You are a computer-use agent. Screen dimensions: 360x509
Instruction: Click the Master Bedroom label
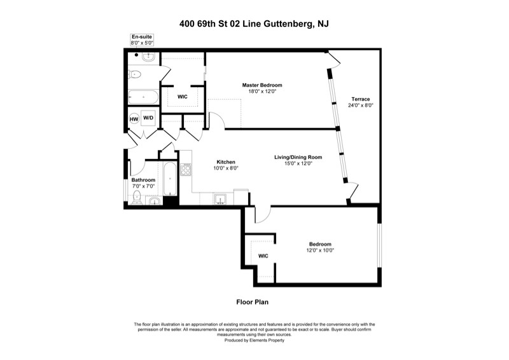click(261, 85)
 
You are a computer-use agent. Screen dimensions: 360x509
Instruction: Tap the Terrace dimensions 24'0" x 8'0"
click(360, 106)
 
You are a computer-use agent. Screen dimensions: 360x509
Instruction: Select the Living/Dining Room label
click(298, 157)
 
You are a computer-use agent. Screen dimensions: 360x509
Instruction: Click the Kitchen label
click(227, 162)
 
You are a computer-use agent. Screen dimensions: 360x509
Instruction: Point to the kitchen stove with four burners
click(186, 169)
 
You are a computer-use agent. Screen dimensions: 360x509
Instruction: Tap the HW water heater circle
click(134, 119)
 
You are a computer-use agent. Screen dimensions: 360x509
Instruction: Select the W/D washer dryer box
click(148, 118)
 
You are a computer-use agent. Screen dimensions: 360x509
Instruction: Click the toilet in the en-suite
click(134, 74)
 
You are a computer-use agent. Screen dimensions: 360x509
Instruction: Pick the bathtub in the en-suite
click(144, 97)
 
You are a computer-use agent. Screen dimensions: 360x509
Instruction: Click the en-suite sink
click(148, 57)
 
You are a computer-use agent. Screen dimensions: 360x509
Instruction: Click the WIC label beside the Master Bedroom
click(182, 97)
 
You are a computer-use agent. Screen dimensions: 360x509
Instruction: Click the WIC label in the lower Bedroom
click(263, 256)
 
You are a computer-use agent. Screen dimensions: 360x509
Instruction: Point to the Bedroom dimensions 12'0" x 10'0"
click(320, 250)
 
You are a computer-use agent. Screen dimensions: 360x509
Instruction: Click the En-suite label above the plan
click(140, 38)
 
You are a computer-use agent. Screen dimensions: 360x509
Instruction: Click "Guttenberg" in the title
click(282, 24)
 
